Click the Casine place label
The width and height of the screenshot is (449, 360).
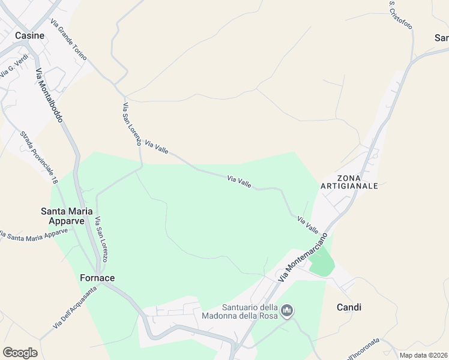[29, 35]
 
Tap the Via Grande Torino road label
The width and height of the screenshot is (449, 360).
[68, 40]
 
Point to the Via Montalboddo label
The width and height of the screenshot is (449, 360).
[49, 96]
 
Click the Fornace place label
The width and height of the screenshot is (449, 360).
[97, 278]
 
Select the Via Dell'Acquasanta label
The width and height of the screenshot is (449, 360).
[74, 308]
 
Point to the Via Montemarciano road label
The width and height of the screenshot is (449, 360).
[305, 257]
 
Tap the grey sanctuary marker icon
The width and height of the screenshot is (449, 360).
[288, 310]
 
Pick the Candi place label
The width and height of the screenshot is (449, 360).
[349, 307]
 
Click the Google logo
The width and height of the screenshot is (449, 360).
[20, 353]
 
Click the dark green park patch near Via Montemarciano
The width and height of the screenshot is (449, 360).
[322, 262]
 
